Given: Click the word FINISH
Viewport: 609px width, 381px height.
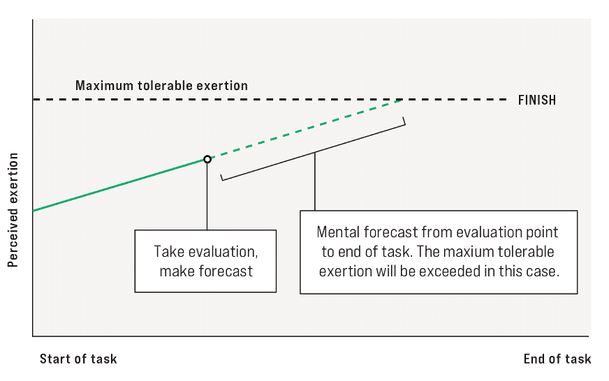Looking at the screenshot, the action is point(537,100).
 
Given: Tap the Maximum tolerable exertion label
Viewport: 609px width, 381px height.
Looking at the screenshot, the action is point(161,85).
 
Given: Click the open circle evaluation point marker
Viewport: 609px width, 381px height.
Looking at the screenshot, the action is point(207,159).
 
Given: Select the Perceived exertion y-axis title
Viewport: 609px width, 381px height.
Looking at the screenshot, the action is point(13,210).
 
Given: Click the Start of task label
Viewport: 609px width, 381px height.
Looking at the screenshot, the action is point(78,359).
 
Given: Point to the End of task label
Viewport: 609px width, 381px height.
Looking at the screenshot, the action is point(557,359).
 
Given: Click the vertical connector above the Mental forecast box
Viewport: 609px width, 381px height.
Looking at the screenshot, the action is point(314,181).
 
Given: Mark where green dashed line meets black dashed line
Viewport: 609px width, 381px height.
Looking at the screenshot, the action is point(401,100).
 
